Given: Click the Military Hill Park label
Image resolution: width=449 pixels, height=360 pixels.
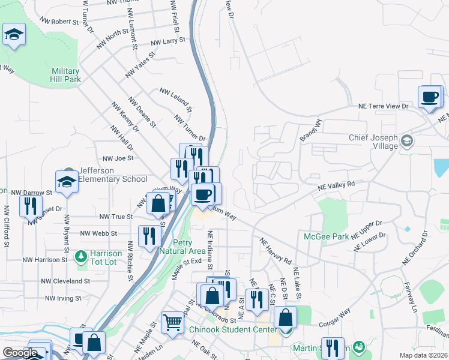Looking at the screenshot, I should tap(66, 75).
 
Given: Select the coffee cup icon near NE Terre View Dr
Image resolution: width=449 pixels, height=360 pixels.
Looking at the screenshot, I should tap(430, 98).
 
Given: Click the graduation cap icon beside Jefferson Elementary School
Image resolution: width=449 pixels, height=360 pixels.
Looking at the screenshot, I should tap(67, 182).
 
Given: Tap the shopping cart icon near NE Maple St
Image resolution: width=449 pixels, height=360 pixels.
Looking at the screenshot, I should tap(172, 322).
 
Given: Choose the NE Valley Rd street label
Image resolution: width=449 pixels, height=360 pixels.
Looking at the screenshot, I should tap(337, 186).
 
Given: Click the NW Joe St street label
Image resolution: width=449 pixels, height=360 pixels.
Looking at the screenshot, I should tap(118, 158).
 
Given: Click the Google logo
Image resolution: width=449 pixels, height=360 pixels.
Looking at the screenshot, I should tap(20, 353).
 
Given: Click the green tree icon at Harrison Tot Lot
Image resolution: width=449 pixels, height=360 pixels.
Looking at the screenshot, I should tap(81, 257).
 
